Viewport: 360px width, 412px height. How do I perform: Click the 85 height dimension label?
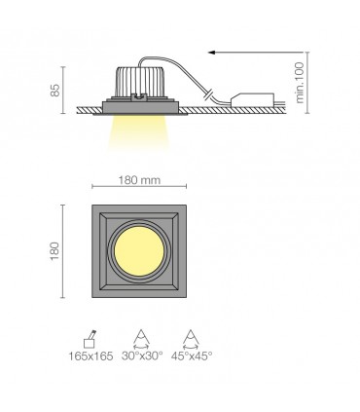pos(55,89)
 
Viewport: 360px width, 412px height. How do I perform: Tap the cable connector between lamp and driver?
pos(210,94)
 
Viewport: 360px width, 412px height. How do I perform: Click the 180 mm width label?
pos(138,180)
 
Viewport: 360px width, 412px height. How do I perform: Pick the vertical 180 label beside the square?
pos(55,251)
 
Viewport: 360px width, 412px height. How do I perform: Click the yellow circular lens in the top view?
pos(138,252)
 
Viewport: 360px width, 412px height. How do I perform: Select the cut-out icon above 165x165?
pos(90,337)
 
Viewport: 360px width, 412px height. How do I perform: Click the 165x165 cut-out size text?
pos(90,356)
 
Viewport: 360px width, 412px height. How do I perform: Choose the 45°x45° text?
pos(192,356)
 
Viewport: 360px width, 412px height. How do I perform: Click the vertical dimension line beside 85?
pos(64,89)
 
